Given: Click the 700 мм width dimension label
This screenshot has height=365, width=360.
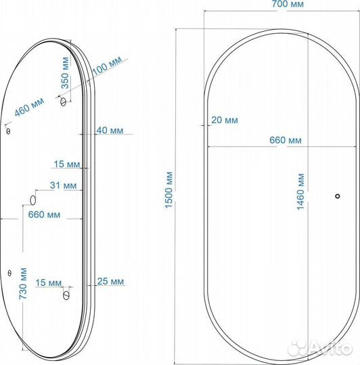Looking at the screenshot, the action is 288,4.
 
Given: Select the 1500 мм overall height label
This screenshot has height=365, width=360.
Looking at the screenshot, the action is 168,190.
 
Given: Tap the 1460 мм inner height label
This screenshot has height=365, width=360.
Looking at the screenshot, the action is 300,191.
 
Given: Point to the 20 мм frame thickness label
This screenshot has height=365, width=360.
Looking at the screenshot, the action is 225,120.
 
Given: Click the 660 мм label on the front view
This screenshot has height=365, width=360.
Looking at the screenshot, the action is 286,140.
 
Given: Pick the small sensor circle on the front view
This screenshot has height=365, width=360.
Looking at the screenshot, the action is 338,196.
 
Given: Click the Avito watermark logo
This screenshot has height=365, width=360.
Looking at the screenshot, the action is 320,349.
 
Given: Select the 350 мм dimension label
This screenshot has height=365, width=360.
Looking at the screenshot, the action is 65,73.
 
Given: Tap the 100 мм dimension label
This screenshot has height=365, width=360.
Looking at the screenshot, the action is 107,66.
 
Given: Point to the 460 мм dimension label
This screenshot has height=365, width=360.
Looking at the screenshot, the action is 29,107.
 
